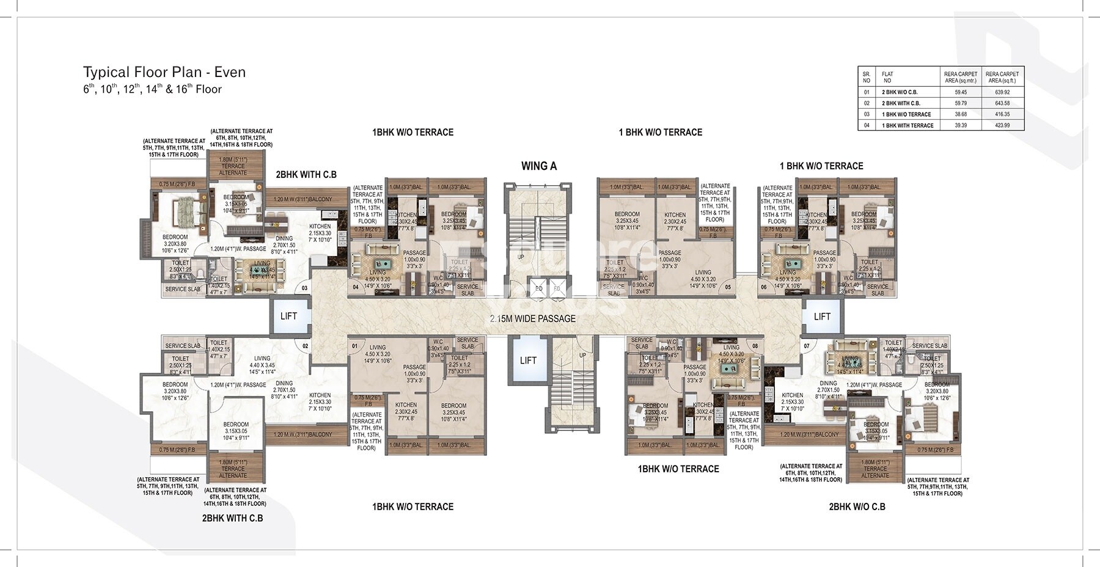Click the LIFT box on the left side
(x=288, y=316)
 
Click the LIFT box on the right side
(x=822, y=316)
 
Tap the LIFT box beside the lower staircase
(x=528, y=360)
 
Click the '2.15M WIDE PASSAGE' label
(x=532, y=318)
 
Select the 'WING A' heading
(x=538, y=166)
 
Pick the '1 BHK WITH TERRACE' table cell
(x=907, y=125)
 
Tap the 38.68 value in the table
(x=961, y=114)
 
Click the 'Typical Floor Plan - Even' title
(x=164, y=72)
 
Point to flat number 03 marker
(x=304, y=287)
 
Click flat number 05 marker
(x=728, y=287)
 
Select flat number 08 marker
(x=755, y=346)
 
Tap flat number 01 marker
(x=355, y=346)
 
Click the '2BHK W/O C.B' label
(x=857, y=507)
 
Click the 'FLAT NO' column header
(x=887, y=77)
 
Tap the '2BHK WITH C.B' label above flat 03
(x=306, y=175)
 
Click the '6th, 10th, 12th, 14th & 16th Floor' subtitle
(x=152, y=89)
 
